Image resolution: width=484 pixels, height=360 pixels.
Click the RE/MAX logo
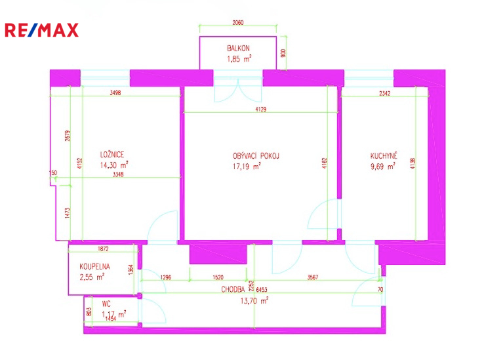(x=42, y=30)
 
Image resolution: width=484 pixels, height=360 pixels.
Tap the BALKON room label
(x=238, y=48)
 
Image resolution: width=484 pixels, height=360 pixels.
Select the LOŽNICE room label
(x=112, y=154)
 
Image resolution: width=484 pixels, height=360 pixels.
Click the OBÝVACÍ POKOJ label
(x=256, y=155)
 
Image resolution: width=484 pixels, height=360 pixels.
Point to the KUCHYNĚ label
(x=384, y=155)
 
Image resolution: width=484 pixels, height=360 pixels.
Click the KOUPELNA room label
(x=94, y=266)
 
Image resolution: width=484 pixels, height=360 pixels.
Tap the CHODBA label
(x=233, y=289)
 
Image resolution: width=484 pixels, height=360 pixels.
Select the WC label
(x=106, y=304)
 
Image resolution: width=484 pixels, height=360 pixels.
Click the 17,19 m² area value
(x=247, y=167)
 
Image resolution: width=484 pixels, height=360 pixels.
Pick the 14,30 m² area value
(x=114, y=165)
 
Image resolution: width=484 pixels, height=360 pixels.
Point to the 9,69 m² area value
(x=383, y=167)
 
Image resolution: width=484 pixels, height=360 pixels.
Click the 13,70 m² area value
(x=254, y=300)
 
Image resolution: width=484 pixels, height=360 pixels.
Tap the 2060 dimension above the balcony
(x=237, y=22)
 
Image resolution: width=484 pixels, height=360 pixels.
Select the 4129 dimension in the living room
(x=261, y=109)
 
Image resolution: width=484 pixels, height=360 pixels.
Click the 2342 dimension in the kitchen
(x=384, y=93)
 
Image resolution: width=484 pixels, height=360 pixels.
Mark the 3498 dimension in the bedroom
(x=115, y=92)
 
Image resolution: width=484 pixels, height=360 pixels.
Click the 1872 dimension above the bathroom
(x=103, y=249)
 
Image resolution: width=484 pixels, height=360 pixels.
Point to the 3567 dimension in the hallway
(x=312, y=277)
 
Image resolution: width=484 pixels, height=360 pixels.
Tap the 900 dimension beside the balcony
(x=284, y=53)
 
